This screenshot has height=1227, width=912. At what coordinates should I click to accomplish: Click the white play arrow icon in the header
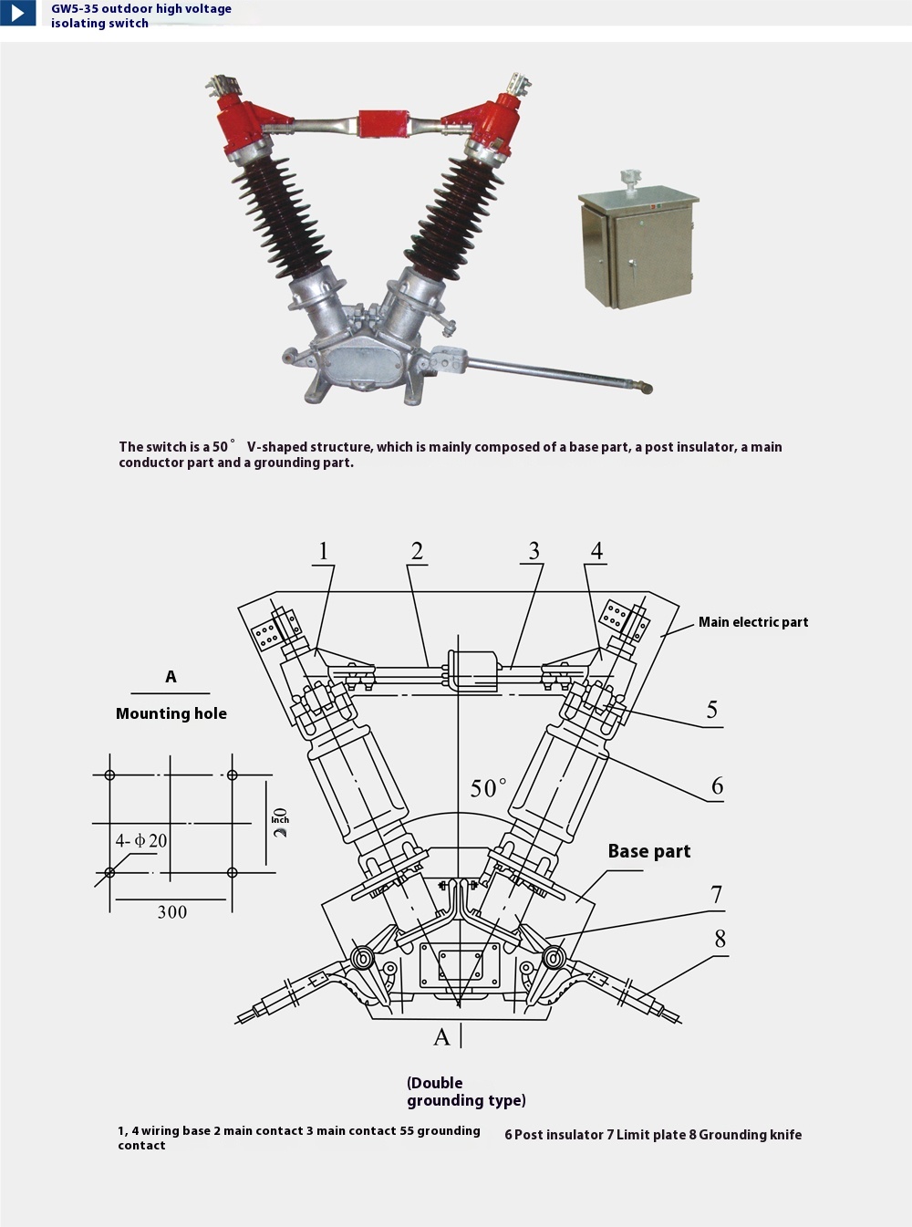coord(17,13)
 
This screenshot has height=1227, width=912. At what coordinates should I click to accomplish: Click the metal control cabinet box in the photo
coord(637,247)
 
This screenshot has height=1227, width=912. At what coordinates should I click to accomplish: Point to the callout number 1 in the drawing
coord(323,551)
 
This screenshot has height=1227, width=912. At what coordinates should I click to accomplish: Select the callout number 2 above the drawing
coord(417,551)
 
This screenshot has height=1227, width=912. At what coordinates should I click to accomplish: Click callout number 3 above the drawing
coord(534,551)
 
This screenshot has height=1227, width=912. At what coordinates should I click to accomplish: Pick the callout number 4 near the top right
coord(596,551)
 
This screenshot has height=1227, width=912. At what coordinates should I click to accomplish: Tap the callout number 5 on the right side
coord(712,710)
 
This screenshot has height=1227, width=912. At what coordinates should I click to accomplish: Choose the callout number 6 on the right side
coord(717,786)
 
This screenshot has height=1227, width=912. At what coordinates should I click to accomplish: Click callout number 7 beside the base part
coord(717,895)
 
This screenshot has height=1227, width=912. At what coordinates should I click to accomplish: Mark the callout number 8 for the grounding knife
coord(720,939)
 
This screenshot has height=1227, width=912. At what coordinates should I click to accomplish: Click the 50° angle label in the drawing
coord(488,788)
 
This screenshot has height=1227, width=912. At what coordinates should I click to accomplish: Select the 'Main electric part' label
coord(753,622)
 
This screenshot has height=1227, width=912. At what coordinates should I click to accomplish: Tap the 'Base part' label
coord(648,851)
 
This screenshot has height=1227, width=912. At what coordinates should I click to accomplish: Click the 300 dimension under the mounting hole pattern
coord(171,912)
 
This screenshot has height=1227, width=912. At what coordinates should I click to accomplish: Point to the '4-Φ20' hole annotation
coord(141,840)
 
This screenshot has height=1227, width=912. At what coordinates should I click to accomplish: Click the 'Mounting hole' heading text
coord(171,713)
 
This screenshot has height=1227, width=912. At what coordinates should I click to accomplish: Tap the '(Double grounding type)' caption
coord(465,1091)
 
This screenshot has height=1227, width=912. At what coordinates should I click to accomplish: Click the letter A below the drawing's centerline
coord(441,1037)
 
